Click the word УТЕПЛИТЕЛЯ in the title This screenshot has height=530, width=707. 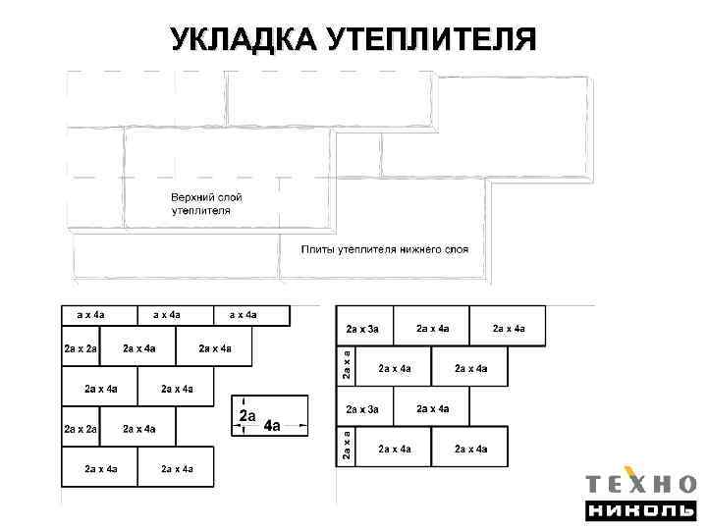[431, 40]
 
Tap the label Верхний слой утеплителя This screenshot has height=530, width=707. [206, 204]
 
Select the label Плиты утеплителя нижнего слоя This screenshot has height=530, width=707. [384, 249]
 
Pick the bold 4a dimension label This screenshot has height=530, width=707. [271, 427]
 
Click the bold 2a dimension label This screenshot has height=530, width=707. [247, 416]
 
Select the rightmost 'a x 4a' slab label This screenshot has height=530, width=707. [244, 315]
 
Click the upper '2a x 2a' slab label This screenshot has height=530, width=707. [79, 348]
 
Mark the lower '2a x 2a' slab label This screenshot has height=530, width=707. [79, 429]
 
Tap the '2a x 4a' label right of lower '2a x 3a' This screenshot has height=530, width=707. [433, 408]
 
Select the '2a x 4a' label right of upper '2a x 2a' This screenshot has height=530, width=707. [138, 348]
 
